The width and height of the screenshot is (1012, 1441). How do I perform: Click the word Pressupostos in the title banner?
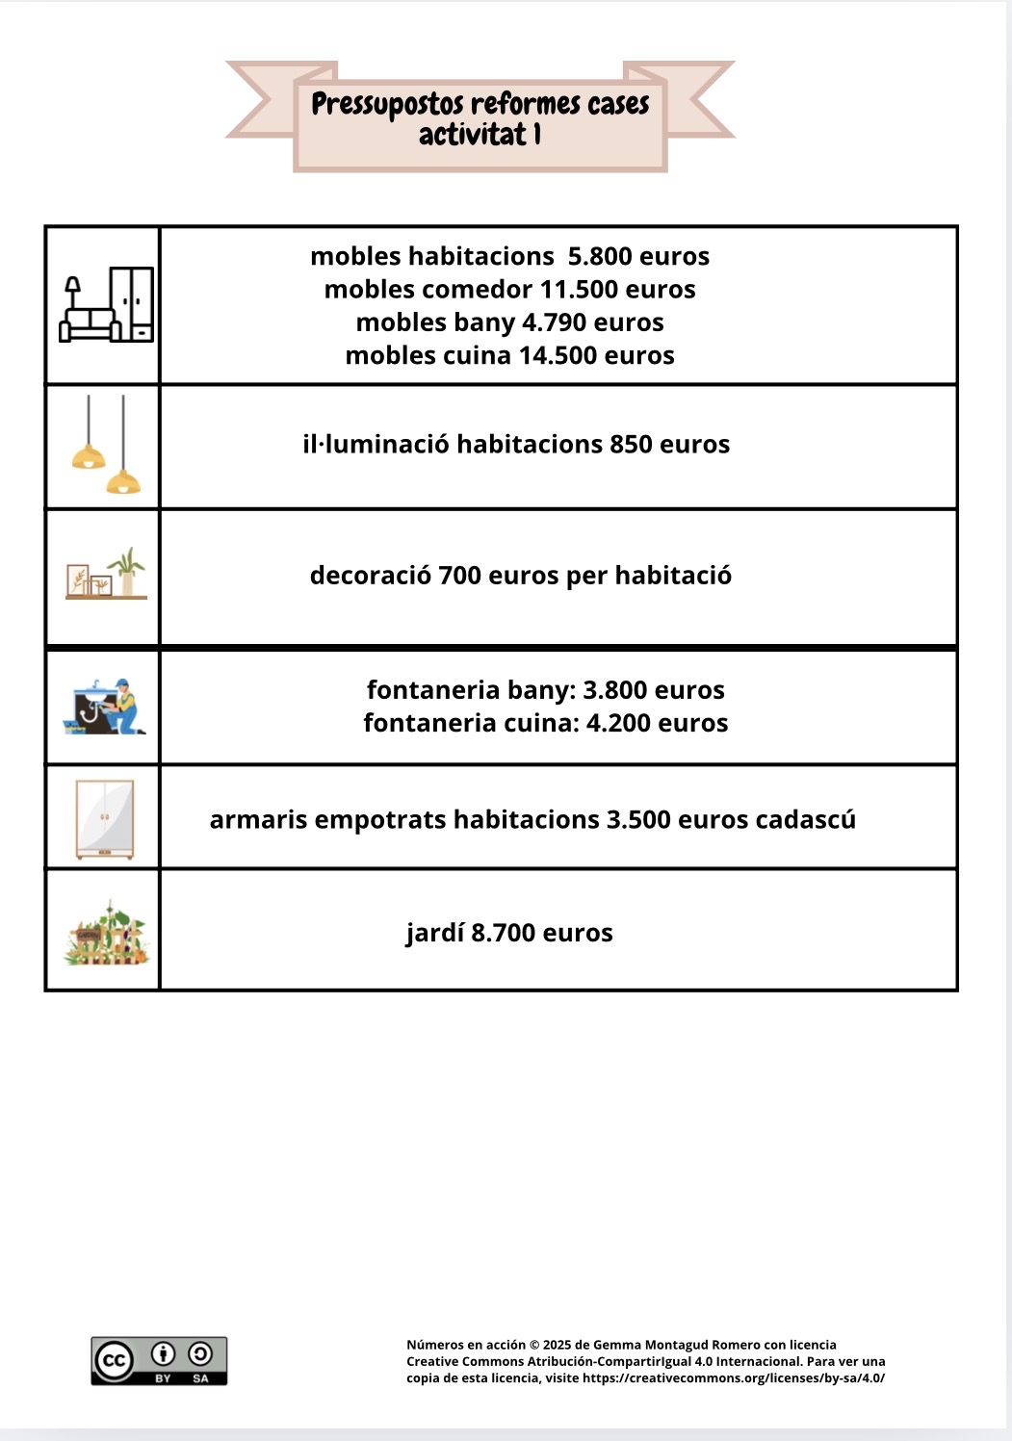[x=387, y=104]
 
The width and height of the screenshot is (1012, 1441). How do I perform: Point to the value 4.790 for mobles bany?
[x=555, y=322]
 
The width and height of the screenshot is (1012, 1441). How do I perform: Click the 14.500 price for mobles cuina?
[x=558, y=355]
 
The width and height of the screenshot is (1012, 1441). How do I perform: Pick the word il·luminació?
[x=376, y=444]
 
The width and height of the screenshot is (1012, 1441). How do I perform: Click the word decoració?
[x=370, y=576]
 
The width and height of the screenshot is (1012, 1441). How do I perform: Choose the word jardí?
[x=435, y=933]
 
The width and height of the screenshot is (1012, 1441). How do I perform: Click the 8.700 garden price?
[x=503, y=933]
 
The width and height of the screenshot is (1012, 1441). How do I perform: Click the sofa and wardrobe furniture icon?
[x=107, y=305]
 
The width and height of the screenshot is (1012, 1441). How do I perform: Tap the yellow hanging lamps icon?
[x=105, y=446]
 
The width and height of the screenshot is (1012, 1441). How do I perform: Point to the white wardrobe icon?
[x=105, y=819]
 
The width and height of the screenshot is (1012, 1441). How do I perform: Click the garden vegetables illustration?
[x=106, y=933]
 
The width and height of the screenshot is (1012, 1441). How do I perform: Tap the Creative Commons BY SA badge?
[x=159, y=1360]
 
